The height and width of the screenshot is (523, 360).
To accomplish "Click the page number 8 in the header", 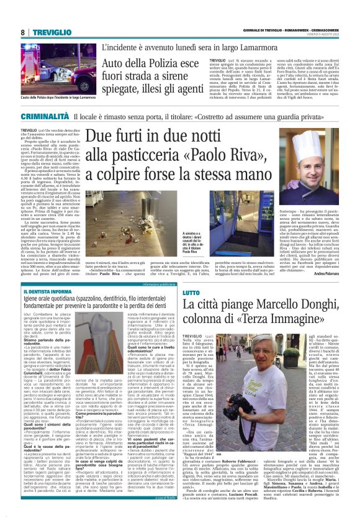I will pyautogui.click(x=23, y=32).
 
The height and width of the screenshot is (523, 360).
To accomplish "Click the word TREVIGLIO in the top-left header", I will pyautogui.click(x=50, y=32).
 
